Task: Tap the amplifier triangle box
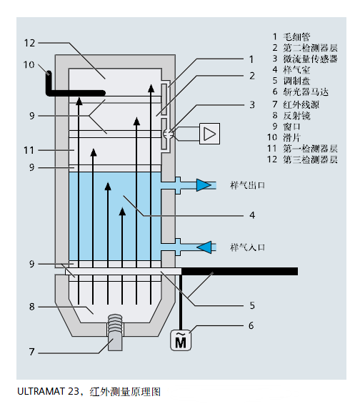pyautogui.click(x=209, y=133)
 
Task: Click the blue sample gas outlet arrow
pyautogui.click(x=204, y=186)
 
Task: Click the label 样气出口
pyautogui.click(x=248, y=185)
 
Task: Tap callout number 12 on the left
pyautogui.click(x=29, y=43)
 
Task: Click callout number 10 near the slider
pyautogui.click(x=29, y=64)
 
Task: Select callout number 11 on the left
pyautogui.click(x=29, y=150)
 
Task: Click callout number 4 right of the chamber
pyautogui.click(x=251, y=213)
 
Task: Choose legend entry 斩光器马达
pyautogui.click(x=306, y=92)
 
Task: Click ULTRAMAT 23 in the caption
pyautogui.click(x=49, y=391)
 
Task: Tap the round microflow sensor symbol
pyautogui.click(x=167, y=133)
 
